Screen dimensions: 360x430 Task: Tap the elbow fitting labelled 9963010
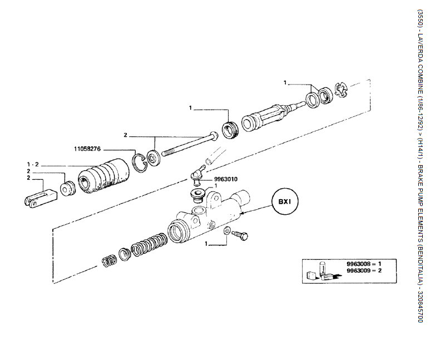pyautogui.click(x=196, y=174)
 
